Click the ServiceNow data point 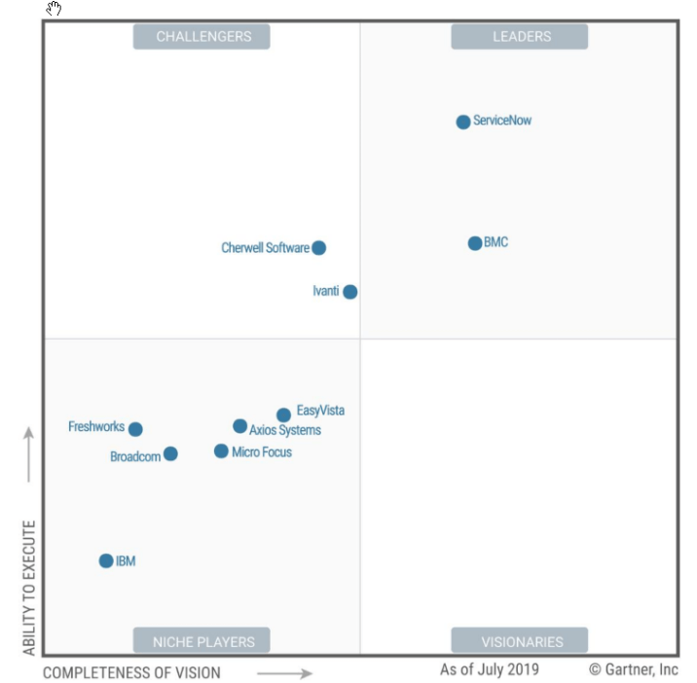point(463,122)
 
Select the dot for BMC point(475,243)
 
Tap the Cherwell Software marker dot point(318,248)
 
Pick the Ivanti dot point(350,292)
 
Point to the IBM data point point(106,560)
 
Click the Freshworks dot point(135,429)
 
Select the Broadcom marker point(170,453)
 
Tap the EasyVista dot point(283,415)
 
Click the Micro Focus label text point(262,452)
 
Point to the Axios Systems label point(285,430)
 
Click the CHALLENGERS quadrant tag point(203,37)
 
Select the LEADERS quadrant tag point(521,37)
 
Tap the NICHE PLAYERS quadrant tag point(202,641)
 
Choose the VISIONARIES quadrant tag point(521,641)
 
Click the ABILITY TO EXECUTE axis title point(29,588)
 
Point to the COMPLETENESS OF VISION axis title point(131,672)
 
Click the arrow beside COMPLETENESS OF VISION point(285,672)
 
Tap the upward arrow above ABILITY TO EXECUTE point(29,453)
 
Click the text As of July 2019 point(489,669)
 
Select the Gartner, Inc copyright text point(634,669)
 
